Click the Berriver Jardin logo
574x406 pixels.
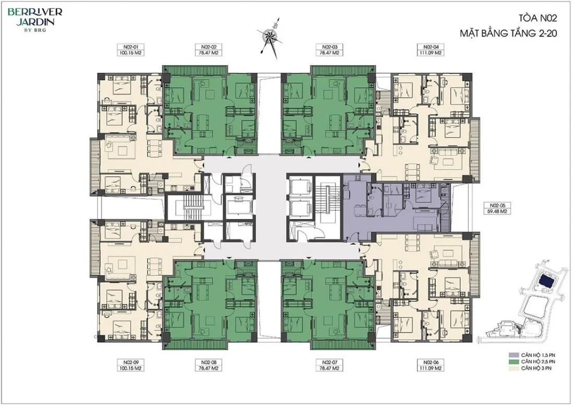click(x=35, y=19)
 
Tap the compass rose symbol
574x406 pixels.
click(x=270, y=36)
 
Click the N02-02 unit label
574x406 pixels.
click(x=209, y=47)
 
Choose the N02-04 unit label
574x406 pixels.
click(x=430, y=47)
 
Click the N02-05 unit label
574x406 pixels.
click(x=497, y=206)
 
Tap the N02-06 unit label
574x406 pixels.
click(x=430, y=363)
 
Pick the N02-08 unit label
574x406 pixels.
click(x=209, y=363)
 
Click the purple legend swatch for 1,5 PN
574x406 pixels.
click(x=513, y=355)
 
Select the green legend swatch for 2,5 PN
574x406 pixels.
click(x=513, y=361)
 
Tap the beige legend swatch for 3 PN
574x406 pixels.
click(x=513, y=368)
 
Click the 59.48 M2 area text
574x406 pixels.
click(x=497, y=211)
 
